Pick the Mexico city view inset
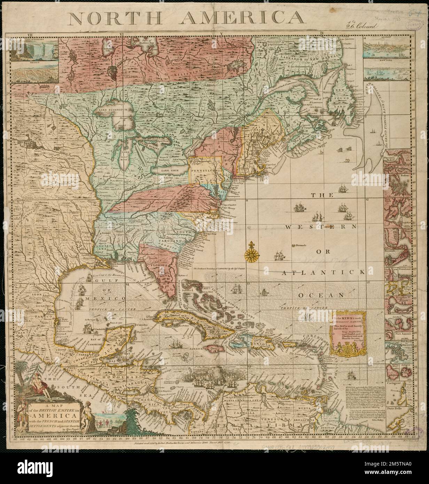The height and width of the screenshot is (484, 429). pyautogui.click(x=34, y=72)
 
